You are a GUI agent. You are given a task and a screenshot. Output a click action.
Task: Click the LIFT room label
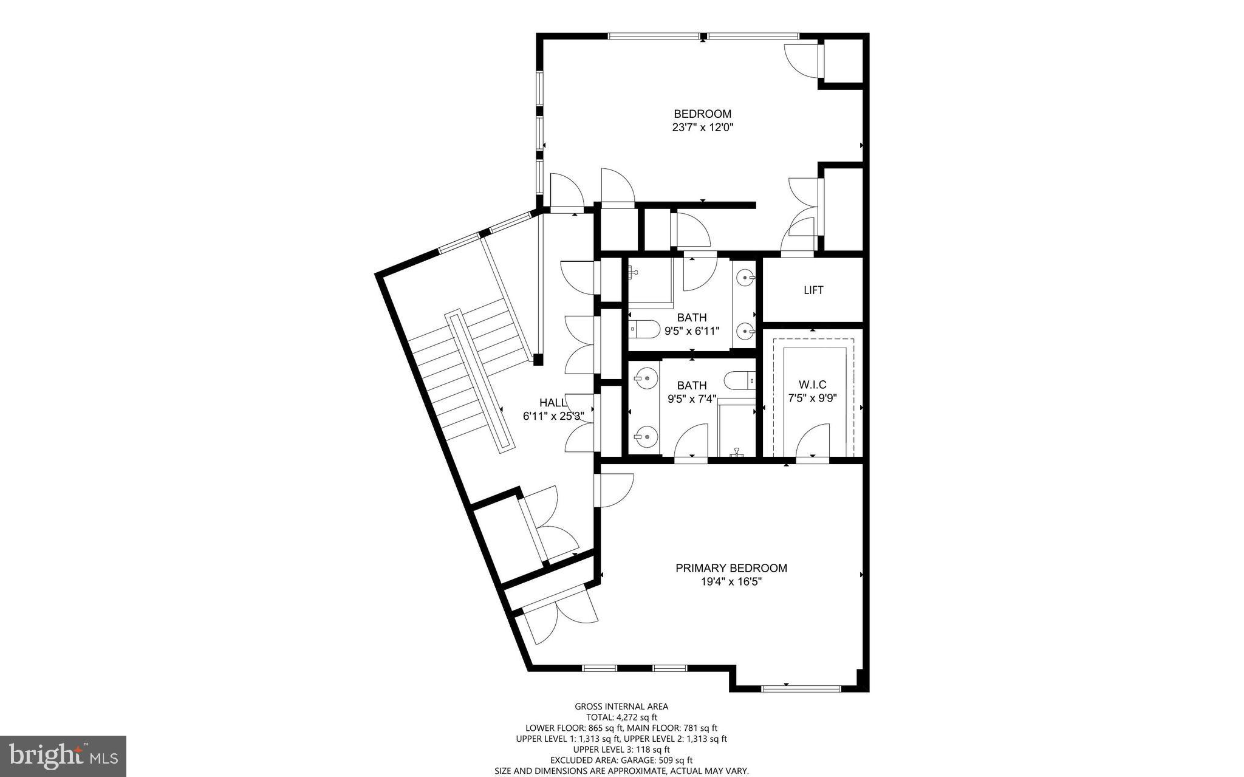pos(813,290)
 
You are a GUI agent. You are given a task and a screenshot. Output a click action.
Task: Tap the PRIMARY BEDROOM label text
pos(731,568)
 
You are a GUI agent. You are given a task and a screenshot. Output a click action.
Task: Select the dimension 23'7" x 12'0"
pos(702,128)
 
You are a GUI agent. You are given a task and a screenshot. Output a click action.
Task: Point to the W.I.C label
pos(812,385)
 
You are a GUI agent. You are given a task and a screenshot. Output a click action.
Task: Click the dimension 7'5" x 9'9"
pos(812,399)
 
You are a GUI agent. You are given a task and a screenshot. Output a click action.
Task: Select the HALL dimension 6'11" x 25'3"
pos(553,416)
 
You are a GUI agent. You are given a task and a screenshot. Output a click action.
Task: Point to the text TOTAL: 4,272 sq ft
pos(621,717)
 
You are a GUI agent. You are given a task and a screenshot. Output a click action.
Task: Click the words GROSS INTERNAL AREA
pos(621,706)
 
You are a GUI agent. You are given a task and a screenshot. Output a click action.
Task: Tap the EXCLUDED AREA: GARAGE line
pos(621,760)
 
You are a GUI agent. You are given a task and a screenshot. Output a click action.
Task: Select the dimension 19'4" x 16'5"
pos(731,582)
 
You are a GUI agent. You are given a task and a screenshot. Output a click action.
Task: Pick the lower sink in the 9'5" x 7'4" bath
pos(646,436)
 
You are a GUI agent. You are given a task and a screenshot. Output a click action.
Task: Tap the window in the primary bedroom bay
pos(801,688)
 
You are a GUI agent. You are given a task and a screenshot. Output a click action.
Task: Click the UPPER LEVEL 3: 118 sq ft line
pos(621,750)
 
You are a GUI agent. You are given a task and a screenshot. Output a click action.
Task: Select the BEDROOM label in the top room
pos(702,114)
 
